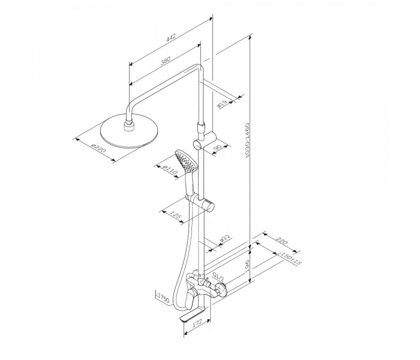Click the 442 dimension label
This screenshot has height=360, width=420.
tap(171, 37)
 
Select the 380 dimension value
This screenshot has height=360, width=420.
tap(166, 61)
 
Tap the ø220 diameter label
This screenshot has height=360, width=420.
tap(98, 148)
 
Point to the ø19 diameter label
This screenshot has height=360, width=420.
tap(222, 104)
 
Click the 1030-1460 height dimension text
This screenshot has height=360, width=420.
tap(247, 140)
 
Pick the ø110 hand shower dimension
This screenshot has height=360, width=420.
tap(170, 170)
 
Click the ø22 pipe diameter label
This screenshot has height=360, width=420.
tap(225, 239)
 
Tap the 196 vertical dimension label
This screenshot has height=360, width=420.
tap(247, 266)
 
